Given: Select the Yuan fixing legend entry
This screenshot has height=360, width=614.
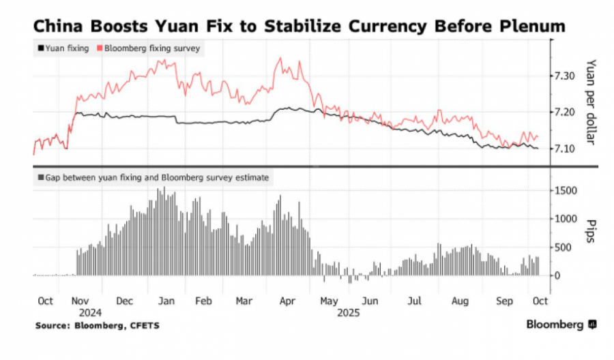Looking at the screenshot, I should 63,48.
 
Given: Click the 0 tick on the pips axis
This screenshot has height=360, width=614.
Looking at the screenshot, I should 558,275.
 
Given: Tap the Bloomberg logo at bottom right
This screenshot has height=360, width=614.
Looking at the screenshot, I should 559,325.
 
